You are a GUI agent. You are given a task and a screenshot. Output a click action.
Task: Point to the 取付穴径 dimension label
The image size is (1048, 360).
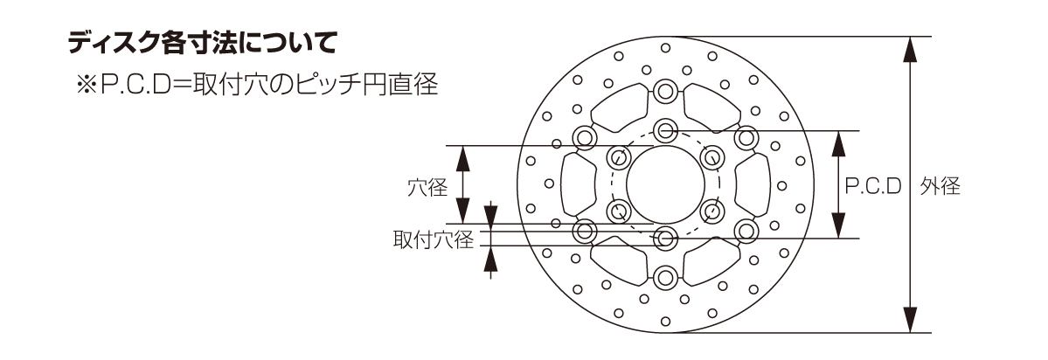[432, 240]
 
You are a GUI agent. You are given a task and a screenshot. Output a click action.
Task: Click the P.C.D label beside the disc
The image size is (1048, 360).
[872, 186]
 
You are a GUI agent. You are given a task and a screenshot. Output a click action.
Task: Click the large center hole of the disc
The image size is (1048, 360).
[665, 183]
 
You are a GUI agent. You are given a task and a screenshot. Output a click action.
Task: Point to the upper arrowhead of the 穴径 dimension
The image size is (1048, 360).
[463, 158]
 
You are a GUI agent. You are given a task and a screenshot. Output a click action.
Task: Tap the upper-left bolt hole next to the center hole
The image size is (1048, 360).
[618, 157]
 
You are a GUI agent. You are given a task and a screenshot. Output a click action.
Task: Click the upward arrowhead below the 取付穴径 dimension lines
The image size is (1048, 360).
[490, 259]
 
